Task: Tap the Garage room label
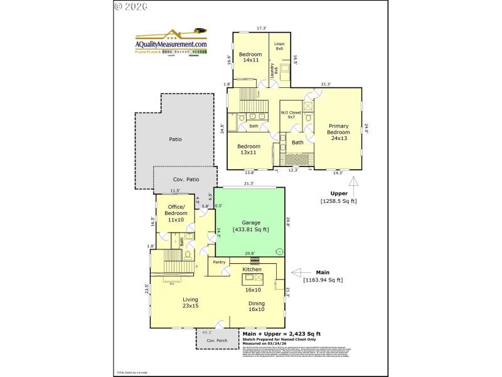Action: (250, 226)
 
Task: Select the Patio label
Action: (175, 139)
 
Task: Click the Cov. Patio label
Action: (186, 180)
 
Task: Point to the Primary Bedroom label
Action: (338, 132)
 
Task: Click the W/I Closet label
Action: (291, 114)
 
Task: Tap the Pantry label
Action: (219, 262)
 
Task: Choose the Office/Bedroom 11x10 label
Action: (176, 213)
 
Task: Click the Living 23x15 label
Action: (190, 302)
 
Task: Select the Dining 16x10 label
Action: (256, 306)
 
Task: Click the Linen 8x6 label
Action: (279, 46)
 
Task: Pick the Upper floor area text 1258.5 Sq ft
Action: (338, 201)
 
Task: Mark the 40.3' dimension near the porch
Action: (207, 332)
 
